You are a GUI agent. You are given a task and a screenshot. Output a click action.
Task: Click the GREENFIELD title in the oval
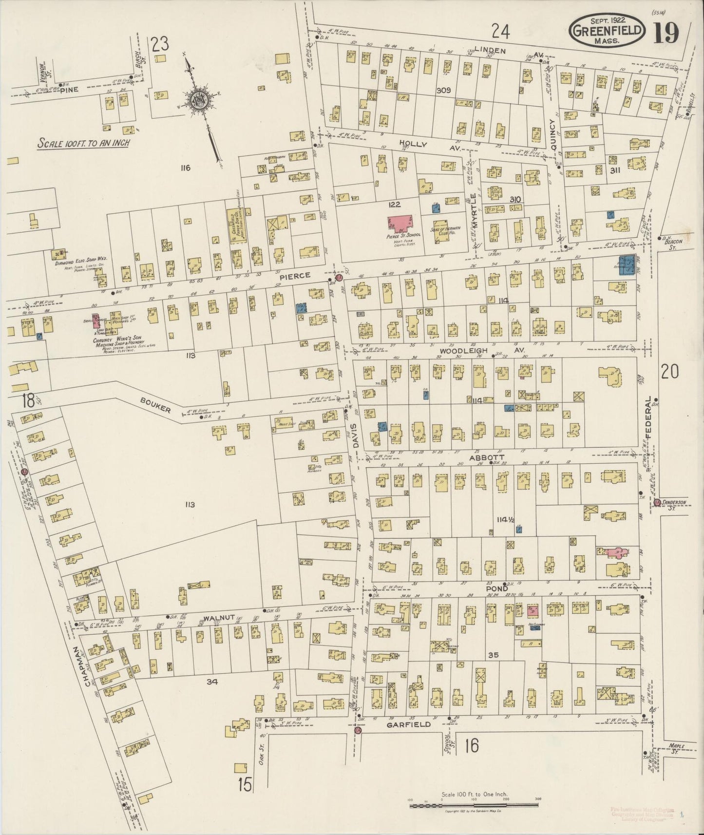click(608, 31)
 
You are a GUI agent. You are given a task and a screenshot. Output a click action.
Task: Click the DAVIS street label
click(355, 436)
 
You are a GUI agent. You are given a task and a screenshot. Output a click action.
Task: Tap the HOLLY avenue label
click(413, 145)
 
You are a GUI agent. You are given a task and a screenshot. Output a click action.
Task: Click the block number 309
click(443, 90)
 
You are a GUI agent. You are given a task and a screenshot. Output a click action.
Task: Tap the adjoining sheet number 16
click(471, 745)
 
